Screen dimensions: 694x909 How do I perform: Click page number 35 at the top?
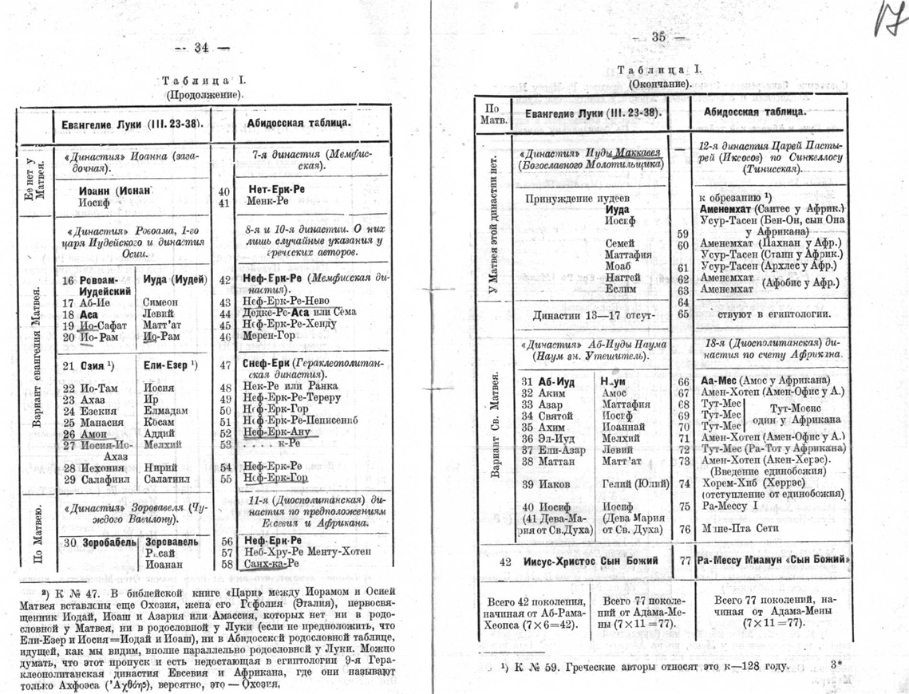(x=658, y=37)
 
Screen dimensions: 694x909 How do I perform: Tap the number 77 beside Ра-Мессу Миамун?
(x=684, y=561)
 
